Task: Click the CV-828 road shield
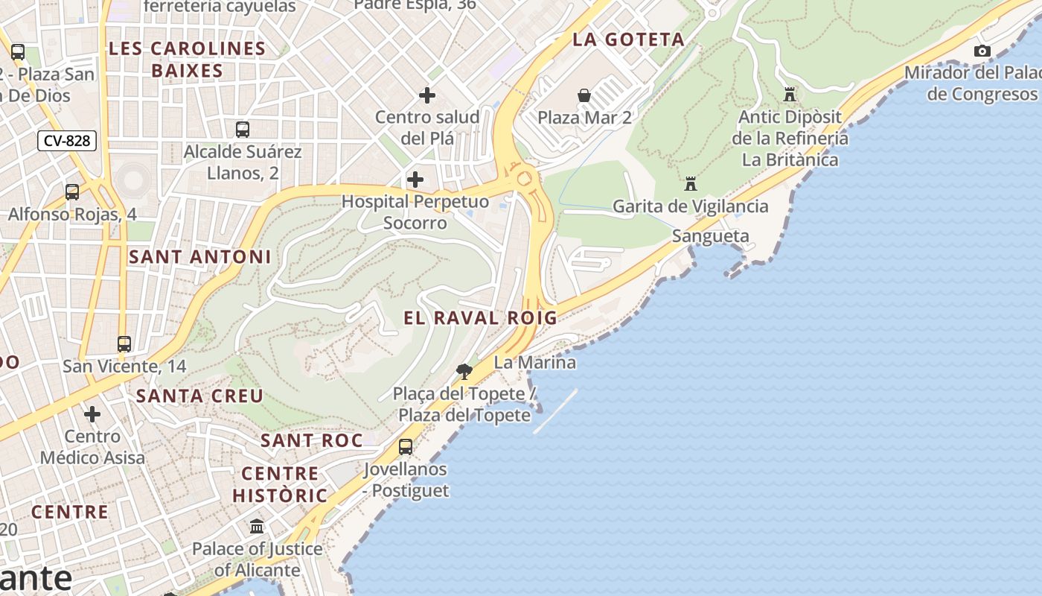pos(67,141)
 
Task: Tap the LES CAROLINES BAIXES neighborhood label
pos(187,60)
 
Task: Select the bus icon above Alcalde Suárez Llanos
pos(243,130)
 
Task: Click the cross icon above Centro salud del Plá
pos(427,95)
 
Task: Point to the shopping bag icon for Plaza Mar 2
pos(584,95)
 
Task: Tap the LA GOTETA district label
pos(628,40)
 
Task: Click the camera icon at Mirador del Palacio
pos(982,51)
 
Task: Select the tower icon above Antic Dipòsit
pos(790,95)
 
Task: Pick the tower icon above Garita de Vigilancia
pos(691,184)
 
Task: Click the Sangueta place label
pos(710,236)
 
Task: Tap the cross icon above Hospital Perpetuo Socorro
pos(415,180)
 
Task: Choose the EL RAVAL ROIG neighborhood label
pos(480,318)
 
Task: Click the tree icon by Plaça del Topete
pos(464,371)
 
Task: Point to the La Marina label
pos(534,363)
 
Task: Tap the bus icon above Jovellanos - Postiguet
pos(406,447)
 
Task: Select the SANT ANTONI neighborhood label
pos(200,257)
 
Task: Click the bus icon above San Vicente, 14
pos(124,344)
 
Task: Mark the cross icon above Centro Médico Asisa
pos(92,414)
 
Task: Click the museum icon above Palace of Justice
pos(258,527)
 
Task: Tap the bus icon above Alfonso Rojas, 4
pos(72,192)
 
